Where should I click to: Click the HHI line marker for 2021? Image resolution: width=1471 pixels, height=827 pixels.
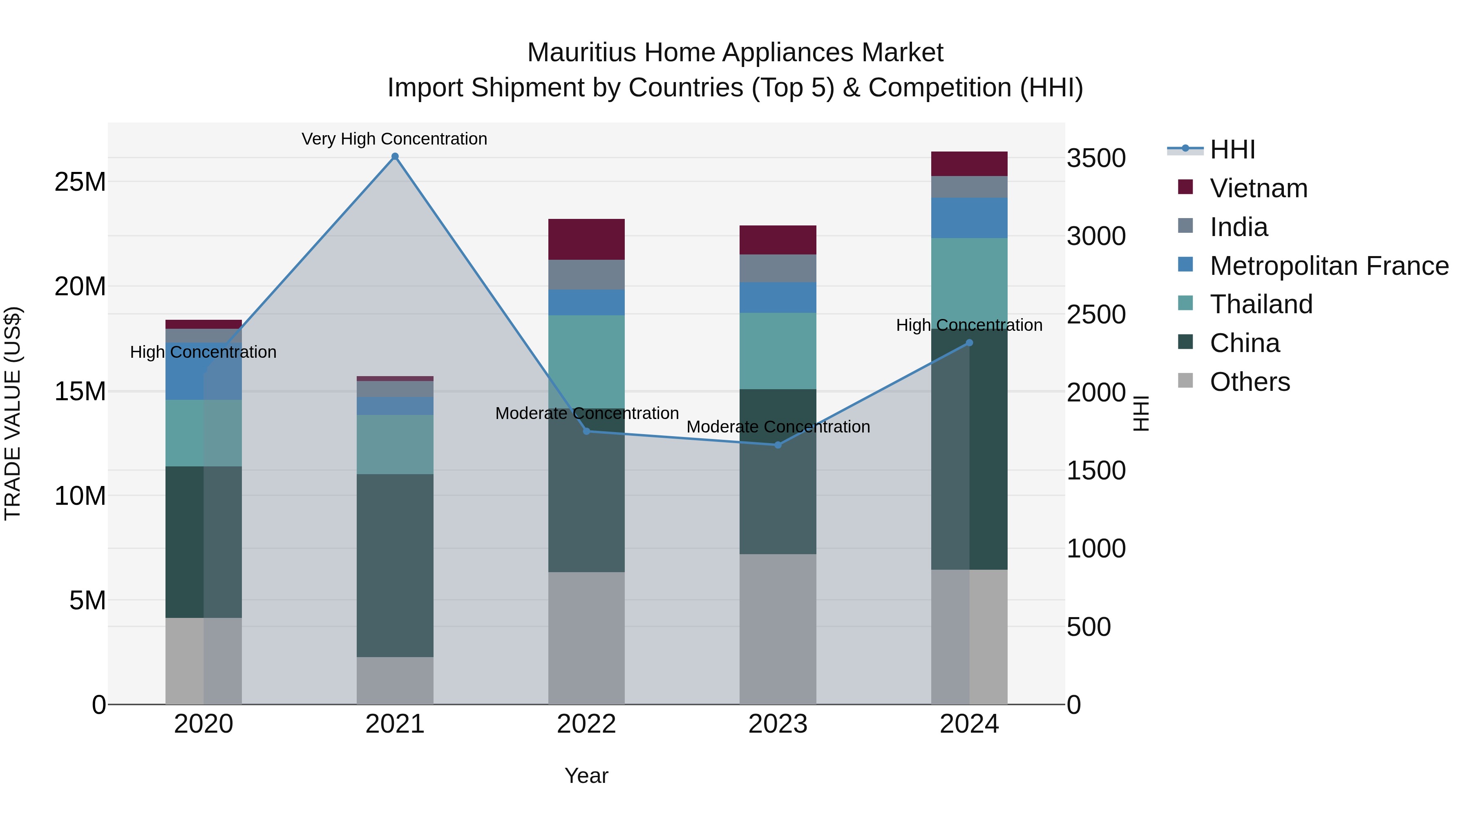(395, 156)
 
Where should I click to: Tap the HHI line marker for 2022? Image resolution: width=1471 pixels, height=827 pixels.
(586, 431)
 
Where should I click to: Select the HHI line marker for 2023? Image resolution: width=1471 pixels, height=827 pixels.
(778, 445)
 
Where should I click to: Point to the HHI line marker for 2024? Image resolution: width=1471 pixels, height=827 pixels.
(969, 343)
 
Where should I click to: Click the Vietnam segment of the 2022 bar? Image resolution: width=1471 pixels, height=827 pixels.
(586, 239)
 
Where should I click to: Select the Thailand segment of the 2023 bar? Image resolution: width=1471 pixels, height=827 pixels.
(778, 351)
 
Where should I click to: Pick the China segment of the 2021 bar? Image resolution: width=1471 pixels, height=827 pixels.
(395, 565)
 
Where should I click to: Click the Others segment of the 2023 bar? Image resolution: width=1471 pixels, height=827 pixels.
(778, 629)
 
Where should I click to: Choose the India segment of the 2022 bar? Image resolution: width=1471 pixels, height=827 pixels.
(586, 274)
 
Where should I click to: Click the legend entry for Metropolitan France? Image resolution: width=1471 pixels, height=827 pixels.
(1329, 265)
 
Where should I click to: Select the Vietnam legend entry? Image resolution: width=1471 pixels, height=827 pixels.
(1258, 188)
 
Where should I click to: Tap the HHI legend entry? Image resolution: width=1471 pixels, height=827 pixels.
(1232, 149)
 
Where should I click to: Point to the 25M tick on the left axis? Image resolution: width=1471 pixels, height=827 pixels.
(80, 182)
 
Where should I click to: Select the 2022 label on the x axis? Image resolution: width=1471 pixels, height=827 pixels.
(586, 724)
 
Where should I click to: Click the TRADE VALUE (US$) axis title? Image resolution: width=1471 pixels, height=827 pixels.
(13, 413)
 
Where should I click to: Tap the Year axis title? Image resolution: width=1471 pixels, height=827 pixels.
(586, 776)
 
